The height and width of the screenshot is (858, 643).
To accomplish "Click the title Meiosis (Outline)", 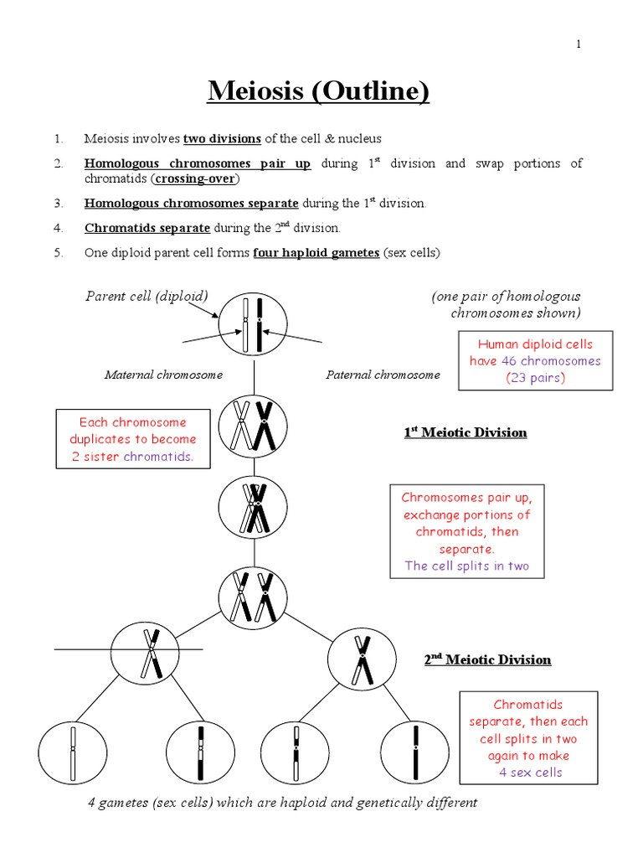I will (x=318, y=90).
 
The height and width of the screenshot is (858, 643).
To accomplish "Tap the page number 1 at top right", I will (x=578, y=44).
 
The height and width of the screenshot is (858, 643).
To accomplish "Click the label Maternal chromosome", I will (x=163, y=375).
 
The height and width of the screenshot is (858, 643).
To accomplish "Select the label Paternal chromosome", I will (x=383, y=375).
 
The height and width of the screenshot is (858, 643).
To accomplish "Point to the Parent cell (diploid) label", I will (x=147, y=296).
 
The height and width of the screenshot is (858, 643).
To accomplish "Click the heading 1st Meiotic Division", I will (x=466, y=432).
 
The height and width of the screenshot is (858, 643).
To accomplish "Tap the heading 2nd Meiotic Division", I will (x=487, y=659).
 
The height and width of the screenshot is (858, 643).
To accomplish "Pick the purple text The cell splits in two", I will (x=467, y=566).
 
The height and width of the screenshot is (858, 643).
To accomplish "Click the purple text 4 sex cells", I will (x=530, y=773).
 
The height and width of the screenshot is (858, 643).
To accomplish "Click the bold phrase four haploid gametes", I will (x=316, y=252).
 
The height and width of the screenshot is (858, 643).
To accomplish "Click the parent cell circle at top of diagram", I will (x=253, y=325).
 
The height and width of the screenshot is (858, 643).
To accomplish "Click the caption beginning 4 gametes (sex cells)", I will (x=282, y=803).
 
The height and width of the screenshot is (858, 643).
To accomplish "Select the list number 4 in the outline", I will (x=59, y=228).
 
